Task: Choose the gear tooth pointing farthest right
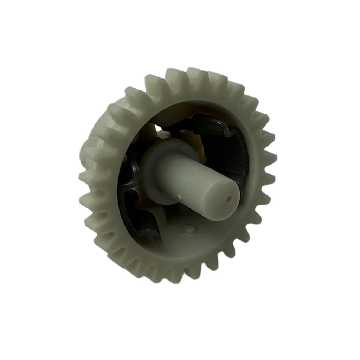point(272,158)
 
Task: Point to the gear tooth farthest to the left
point(84,176)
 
